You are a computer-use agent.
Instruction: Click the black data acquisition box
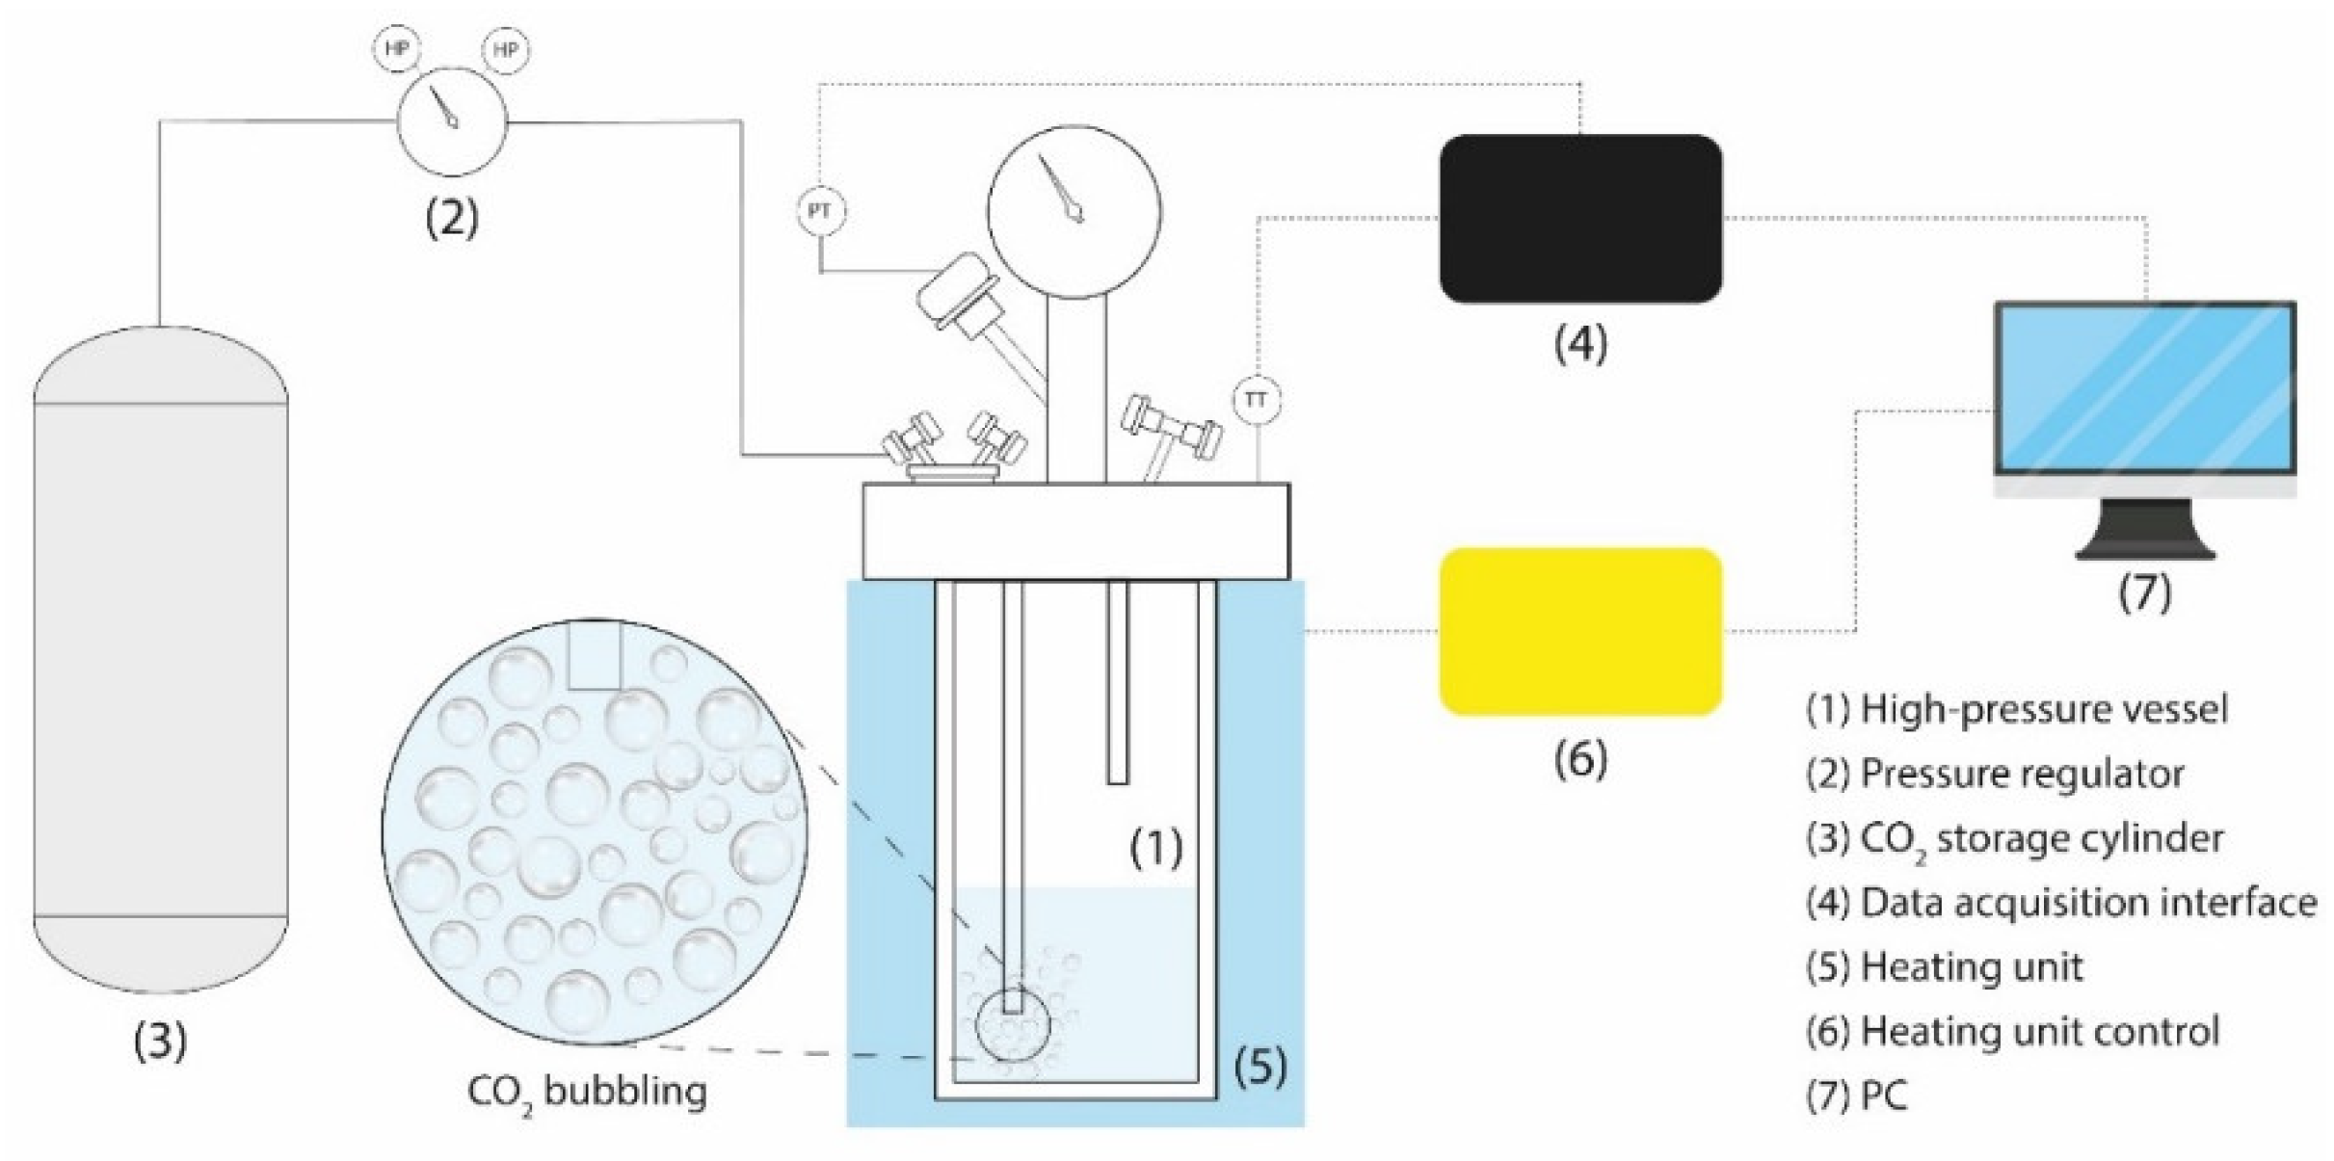(1580, 219)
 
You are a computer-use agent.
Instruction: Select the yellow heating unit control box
(1580, 631)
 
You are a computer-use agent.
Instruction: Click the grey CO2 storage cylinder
(161, 660)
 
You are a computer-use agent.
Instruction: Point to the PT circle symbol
(821, 211)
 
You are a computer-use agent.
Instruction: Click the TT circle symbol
(1256, 399)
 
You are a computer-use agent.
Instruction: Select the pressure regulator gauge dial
(452, 121)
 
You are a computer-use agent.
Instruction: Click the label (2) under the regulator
(452, 219)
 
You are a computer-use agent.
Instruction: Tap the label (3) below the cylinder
(161, 1041)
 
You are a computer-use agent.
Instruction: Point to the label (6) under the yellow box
(1580, 759)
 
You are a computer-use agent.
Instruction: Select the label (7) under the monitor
(2145, 593)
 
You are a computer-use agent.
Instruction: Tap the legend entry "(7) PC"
(1856, 1095)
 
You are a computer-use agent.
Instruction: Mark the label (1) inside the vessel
(1155, 848)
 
